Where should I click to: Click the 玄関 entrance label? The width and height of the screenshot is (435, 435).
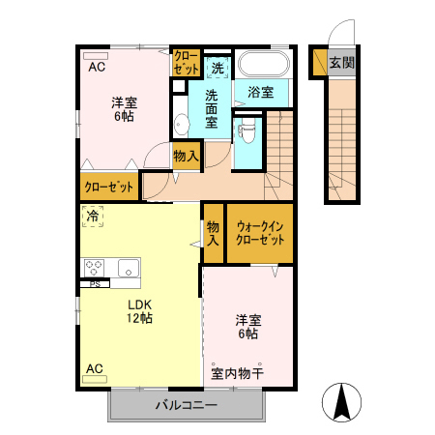340,63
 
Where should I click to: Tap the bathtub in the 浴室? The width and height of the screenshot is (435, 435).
262,65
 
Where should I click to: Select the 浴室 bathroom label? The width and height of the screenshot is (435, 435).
261,94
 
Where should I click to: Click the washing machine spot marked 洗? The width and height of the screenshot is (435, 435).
217,68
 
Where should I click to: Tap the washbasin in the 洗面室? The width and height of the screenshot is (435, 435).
181,125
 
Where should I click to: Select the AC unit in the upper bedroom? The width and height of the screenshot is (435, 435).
96,56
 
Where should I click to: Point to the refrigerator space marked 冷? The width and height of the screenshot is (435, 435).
93,217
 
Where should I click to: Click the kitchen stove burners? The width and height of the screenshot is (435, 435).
95,268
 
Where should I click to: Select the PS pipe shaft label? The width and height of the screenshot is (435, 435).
94,284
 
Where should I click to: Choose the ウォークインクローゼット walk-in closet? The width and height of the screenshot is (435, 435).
259,233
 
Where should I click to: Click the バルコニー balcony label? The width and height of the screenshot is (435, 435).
186,405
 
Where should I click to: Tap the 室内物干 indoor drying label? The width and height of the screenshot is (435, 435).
238,372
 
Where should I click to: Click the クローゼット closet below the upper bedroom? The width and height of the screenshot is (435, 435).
108,187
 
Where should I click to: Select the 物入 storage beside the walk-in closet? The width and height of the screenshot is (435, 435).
213,233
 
